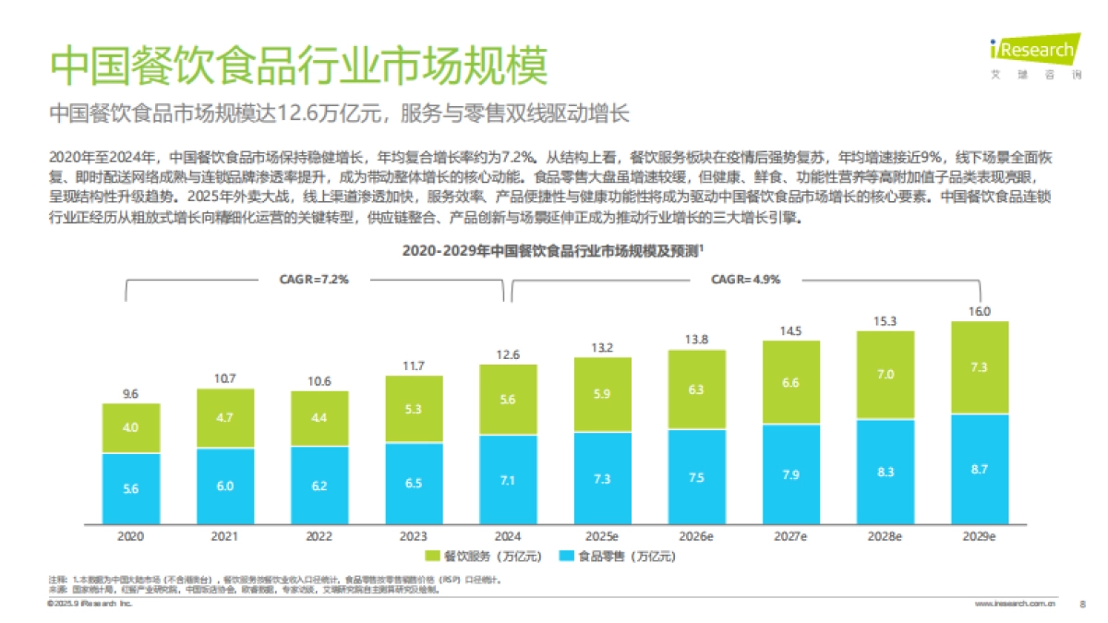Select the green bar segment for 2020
click(x=131, y=428)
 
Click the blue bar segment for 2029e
click(x=980, y=469)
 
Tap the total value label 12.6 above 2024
click(x=508, y=354)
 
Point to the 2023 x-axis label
click(x=414, y=535)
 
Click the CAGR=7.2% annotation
click(x=314, y=280)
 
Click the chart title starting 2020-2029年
click(x=553, y=250)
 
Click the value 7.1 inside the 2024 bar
click(x=508, y=479)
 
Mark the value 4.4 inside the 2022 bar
click(x=319, y=417)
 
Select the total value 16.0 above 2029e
click(x=980, y=311)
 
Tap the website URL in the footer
click(x=1016, y=605)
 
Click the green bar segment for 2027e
click(x=791, y=382)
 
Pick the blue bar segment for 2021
click(x=225, y=486)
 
